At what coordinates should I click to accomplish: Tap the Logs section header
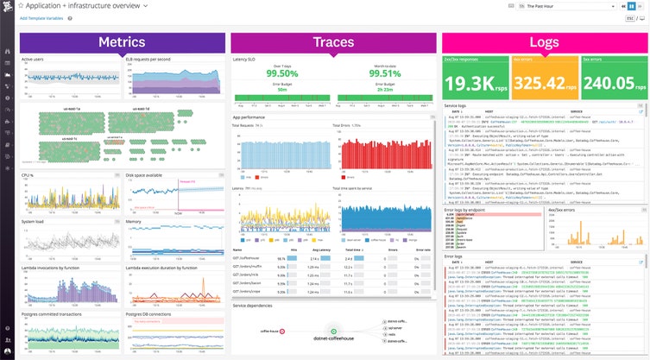point(543,42)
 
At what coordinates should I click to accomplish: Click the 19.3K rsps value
point(474,84)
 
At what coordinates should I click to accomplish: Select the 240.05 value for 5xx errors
point(609,84)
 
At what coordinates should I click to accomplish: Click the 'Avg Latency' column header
point(321,246)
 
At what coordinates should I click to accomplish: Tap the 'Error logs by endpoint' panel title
point(464,209)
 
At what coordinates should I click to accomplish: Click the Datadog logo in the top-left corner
point(7,8)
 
